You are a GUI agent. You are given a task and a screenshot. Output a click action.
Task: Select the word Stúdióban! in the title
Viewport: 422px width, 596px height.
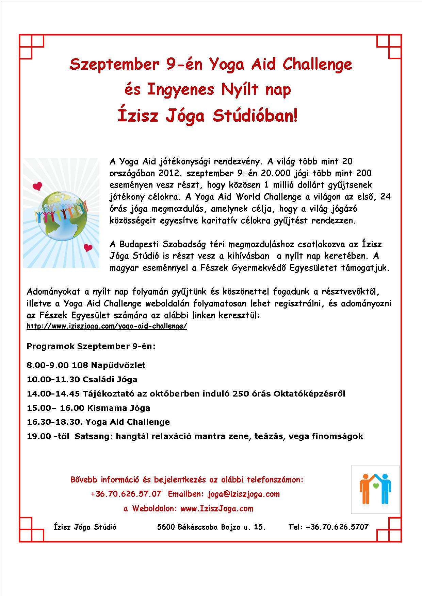pyautogui.click(x=255, y=116)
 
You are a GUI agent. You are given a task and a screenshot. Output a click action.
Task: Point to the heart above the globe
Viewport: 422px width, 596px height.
pyautogui.click(x=37, y=186)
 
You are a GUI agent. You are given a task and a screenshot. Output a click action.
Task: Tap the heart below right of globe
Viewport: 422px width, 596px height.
pyautogui.click(x=88, y=247)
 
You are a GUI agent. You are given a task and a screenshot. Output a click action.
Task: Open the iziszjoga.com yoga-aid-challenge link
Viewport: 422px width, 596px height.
pyautogui.click(x=107, y=326)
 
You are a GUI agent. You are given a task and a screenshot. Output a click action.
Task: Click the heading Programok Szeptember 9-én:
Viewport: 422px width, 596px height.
pyautogui.click(x=91, y=346)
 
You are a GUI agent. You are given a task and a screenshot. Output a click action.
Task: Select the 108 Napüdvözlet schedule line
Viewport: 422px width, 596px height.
pyautogui.click(x=86, y=365)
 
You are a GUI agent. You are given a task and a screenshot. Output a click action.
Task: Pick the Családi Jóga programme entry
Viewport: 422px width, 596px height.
pyautogui.click(x=82, y=379)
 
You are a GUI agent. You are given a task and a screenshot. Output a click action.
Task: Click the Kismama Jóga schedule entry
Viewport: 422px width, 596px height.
pyautogui.click(x=88, y=408)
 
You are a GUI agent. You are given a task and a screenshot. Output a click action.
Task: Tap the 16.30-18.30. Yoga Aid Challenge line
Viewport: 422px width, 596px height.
pyautogui.click(x=98, y=422)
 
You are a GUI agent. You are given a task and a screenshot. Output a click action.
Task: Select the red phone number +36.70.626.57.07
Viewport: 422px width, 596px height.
pyautogui.click(x=126, y=494)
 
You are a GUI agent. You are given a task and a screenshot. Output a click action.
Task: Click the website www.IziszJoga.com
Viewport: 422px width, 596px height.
pyautogui.click(x=217, y=509)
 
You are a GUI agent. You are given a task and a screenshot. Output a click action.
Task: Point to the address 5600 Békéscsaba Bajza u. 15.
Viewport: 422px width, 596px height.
pyautogui.click(x=211, y=527)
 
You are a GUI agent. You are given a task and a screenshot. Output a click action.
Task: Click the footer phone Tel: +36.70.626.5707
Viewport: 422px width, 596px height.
pyautogui.click(x=328, y=527)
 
